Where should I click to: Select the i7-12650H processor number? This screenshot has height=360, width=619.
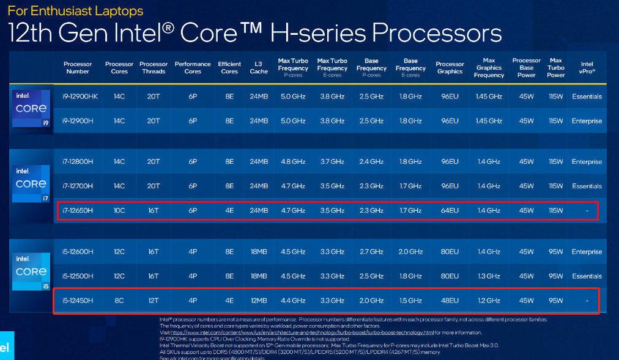click(x=77, y=210)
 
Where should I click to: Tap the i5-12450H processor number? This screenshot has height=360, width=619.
click(x=77, y=300)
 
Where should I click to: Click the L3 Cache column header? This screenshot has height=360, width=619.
click(x=259, y=68)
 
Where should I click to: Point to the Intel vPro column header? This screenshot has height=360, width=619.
click(x=587, y=68)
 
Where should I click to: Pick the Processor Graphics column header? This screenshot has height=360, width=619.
click(x=450, y=68)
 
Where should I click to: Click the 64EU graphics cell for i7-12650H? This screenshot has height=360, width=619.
click(x=450, y=210)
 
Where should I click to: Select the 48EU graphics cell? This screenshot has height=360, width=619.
click(x=450, y=300)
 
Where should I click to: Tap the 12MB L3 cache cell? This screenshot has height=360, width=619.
click(x=259, y=300)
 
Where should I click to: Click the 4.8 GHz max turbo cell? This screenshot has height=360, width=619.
click(x=293, y=162)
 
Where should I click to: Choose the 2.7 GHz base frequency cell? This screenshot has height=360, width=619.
click(x=371, y=252)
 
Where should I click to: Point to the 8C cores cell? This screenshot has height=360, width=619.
click(x=119, y=300)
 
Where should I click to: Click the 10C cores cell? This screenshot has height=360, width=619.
click(x=119, y=210)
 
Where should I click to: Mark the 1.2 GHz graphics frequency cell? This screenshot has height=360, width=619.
click(x=489, y=300)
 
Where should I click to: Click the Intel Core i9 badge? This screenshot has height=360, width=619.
click(x=31, y=109)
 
